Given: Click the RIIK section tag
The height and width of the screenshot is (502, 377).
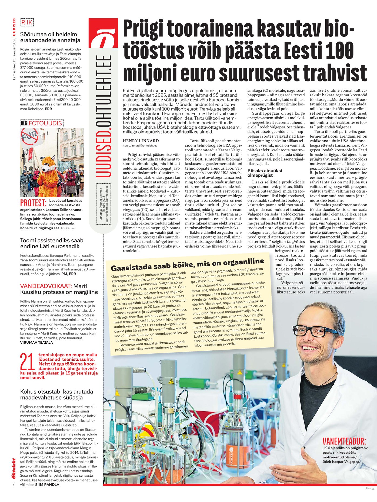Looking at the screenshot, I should (x=27, y=22).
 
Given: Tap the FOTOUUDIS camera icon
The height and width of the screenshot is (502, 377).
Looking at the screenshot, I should (x=24, y=123).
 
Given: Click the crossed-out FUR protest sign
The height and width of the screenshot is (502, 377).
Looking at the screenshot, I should (x=30, y=137).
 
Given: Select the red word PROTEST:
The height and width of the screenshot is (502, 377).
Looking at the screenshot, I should (x=33, y=203).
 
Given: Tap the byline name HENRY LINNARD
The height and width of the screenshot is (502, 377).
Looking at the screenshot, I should (x=141, y=141).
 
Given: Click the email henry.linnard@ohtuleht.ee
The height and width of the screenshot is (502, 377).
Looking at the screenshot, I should (x=140, y=146).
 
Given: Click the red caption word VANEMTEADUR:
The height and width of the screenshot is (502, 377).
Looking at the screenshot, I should (x=344, y=441).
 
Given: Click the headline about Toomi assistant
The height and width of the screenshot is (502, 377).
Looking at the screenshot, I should (x=52, y=243).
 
